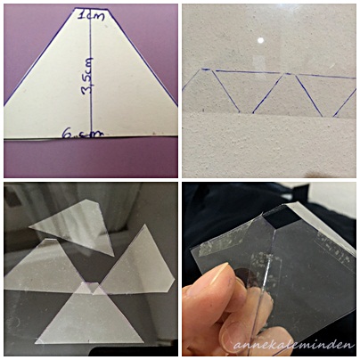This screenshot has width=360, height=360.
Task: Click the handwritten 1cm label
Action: (x=91, y=15)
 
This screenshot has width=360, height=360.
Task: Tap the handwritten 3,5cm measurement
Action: (x=88, y=76)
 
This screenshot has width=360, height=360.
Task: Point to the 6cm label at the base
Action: (x=83, y=135)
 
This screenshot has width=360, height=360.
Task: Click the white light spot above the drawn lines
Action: (x=260, y=40)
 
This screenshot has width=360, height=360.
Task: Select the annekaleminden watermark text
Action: (x=294, y=345)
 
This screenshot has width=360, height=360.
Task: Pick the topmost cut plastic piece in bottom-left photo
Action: (x=76, y=224)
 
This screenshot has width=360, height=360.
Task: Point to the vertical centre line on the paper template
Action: (x=90, y=73)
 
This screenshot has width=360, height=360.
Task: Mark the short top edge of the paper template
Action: (x=91, y=9)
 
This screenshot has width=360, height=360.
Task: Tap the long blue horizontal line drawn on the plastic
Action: (x=285, y=74)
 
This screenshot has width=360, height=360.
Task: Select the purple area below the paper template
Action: (x=91, y=158)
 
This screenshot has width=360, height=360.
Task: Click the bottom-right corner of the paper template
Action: (x=177, y=136)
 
